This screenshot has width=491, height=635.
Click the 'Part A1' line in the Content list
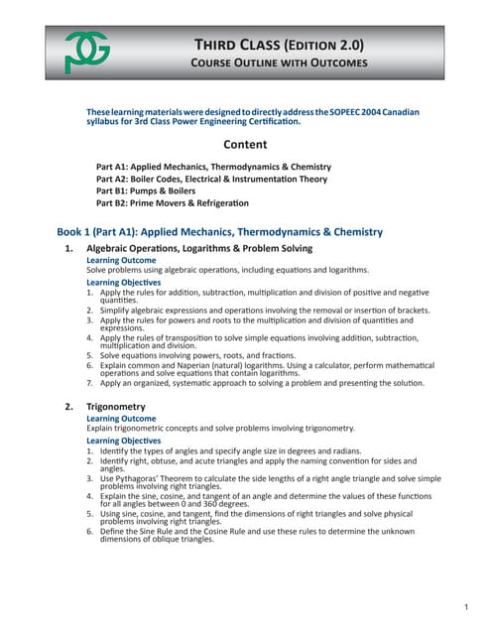coord(213,167)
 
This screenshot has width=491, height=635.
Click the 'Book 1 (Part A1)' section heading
coord(219,231)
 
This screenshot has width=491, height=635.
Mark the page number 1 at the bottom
coord(465,605)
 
